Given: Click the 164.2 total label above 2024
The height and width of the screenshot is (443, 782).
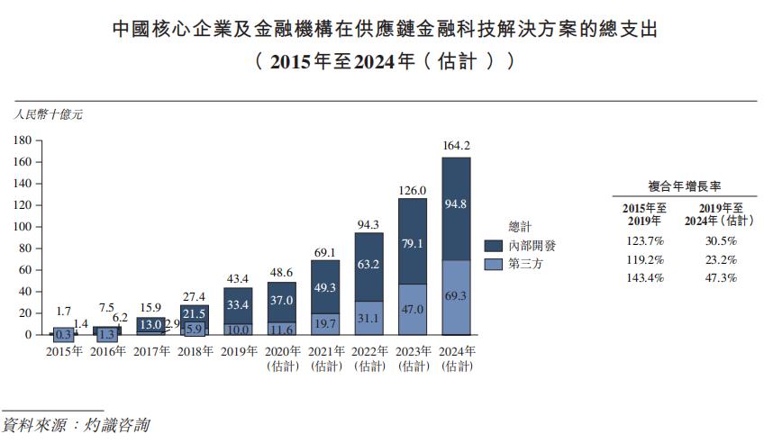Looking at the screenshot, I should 456,145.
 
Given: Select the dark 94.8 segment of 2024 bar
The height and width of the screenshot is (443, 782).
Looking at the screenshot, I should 456,205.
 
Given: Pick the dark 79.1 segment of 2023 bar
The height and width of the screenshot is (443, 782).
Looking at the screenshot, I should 412,243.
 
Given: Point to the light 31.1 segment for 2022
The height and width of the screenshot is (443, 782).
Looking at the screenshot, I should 368,318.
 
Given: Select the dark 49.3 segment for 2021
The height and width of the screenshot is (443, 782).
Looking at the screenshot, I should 324,287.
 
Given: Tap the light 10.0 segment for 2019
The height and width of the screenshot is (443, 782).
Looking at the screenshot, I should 237,330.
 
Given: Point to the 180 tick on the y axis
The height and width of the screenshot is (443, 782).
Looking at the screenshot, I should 23,140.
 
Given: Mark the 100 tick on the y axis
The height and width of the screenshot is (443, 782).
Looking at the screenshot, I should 23,227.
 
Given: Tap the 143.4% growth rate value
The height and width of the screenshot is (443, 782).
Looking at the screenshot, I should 643,278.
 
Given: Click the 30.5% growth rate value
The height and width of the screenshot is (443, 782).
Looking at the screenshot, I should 720,241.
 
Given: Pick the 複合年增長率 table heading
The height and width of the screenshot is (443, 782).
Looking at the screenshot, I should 683,187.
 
